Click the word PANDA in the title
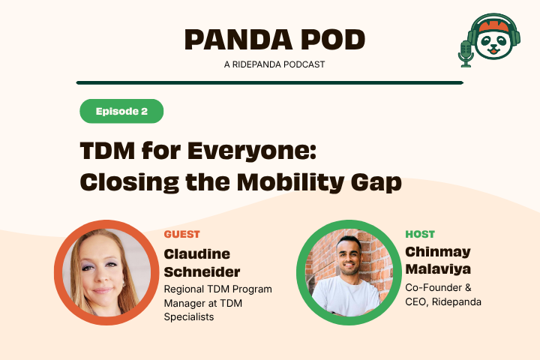click(239, 40)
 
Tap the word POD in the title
click(333, 40)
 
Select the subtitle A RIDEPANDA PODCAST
click(274, 64)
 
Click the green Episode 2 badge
click(121, 111)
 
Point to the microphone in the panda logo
click(466, 53)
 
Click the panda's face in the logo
click(493, 44)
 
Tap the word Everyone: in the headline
click(252, 151)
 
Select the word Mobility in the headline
click(290, 182)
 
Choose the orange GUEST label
click(181, 234)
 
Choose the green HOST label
click(420, 234)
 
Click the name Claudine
click(197, 254)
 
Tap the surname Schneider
click(202, 271)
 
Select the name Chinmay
click(438, 252)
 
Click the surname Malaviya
click(438, 269)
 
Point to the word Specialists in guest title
click(189, 316)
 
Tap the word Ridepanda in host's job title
click(456, 301)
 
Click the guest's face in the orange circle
click(102, 269)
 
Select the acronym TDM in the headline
click(107, 151)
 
